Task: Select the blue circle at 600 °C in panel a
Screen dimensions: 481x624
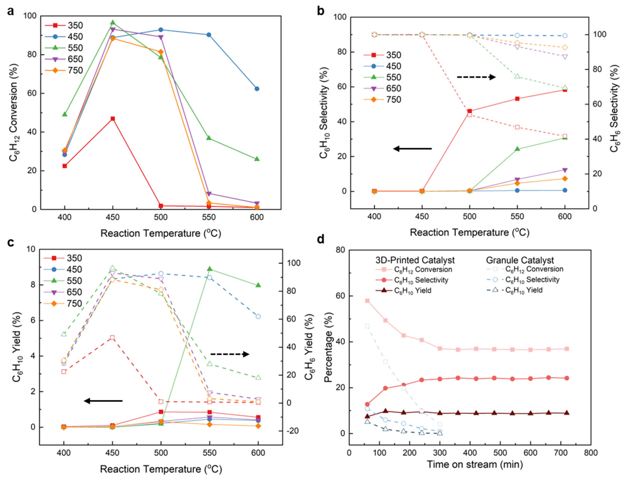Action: (257, 89)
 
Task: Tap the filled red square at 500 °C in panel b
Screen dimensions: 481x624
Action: (469, 111)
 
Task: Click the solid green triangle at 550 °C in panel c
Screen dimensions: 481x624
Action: (210, 269)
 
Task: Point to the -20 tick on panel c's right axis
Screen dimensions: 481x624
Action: (293, 430)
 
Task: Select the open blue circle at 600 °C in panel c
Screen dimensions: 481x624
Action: (258, 316)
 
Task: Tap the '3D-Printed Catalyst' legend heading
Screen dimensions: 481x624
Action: (415, 260)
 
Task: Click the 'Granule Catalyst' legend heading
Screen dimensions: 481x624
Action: (520, 260)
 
